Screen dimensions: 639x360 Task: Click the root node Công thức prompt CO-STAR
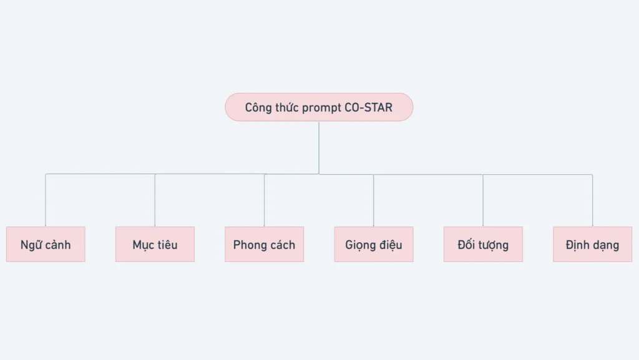coord(319,107)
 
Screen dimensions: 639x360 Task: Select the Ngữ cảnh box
coord(46,245)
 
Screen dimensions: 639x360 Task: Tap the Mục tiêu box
coord(155,245)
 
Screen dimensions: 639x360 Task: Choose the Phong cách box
coord(264,245)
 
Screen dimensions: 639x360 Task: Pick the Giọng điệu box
coord(374,245)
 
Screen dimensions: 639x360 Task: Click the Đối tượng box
coord(483,245)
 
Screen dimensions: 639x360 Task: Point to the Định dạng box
coord(593,245)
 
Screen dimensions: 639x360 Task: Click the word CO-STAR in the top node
coord(368,107)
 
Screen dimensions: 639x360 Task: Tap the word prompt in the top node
coord(322,109)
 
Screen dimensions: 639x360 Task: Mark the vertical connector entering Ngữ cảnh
coord(45,200)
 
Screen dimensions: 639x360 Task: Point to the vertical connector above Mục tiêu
coord(155,200)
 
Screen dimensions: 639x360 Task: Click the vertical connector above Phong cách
coord(264,200)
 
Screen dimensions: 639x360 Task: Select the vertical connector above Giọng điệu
coord(373,200)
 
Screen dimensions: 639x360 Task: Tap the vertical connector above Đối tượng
coord(483,200)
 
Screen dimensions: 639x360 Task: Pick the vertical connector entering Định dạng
coord(592,200)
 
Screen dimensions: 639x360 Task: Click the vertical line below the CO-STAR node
coord(319,147)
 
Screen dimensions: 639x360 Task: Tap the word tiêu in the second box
coord(167,245)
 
